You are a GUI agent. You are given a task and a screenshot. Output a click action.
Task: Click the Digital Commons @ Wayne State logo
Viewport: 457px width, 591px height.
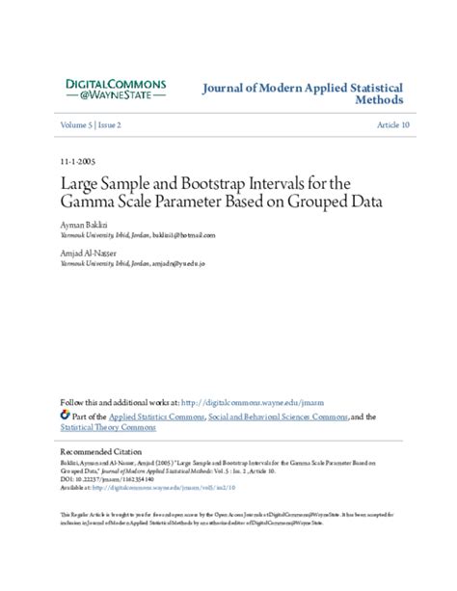[x=115, y=92]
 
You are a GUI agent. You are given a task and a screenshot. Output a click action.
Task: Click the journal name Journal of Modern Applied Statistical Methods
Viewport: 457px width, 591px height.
[x=302, y=94]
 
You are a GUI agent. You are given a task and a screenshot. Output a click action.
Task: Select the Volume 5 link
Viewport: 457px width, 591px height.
[x=77, y=125]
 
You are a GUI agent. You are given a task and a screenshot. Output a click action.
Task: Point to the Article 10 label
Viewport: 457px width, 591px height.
[x=393, y=125]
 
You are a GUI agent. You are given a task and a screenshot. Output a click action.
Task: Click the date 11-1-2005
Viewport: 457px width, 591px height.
[x=77, y=161]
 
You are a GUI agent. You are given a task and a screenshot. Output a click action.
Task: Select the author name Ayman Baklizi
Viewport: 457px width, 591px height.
[x=83, y=223]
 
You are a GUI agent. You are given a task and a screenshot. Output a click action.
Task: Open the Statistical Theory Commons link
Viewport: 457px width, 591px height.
[x=110, y=428]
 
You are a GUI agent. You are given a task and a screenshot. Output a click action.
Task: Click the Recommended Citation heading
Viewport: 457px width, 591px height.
[x=102, y=451]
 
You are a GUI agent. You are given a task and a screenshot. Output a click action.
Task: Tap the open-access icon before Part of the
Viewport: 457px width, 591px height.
[x=66, y=416]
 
